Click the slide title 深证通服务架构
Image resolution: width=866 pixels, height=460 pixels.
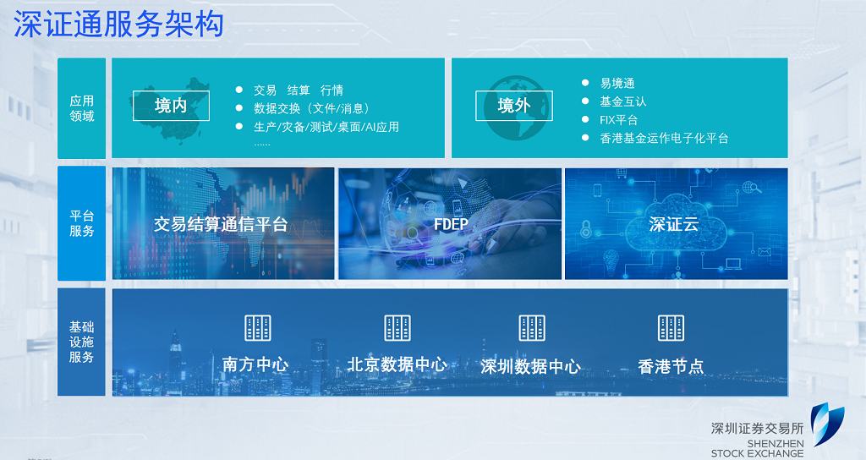tap(118, 25)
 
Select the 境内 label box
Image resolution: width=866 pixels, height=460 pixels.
tap(171, 106)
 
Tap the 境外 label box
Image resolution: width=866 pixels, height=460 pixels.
tap(514, 106)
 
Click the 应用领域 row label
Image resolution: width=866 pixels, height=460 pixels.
tap(82, 108)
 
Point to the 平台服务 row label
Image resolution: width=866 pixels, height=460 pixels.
tap(82, 223)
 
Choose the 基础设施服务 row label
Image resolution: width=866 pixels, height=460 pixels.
tap(82, 342)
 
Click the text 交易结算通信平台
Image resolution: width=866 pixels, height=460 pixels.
tap(221, 224)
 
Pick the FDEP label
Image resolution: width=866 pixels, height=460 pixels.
tap(451, 224)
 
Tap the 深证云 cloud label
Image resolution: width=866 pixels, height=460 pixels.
tap(674, 224)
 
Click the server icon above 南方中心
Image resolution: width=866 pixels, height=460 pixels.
tap(258, 328)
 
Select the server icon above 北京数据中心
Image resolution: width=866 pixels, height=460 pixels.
tap(397, 328)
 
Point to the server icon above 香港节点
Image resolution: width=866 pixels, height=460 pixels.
tap(671, 328)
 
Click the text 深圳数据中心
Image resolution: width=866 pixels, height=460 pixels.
tap(531, 366)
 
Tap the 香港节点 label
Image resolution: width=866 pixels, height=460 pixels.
tap(671, 366)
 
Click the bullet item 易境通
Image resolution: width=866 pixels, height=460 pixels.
tap(617, 84)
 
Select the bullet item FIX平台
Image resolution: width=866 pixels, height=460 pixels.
tap(618, 120)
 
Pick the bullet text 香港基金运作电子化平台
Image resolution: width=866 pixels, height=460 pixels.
tap(665, 138)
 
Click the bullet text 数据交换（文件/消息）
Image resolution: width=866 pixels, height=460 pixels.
tap(312, 108)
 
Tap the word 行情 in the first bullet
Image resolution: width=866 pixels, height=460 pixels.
tap(332, 90)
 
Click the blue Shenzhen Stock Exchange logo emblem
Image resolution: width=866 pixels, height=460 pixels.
tap(827, 424)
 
